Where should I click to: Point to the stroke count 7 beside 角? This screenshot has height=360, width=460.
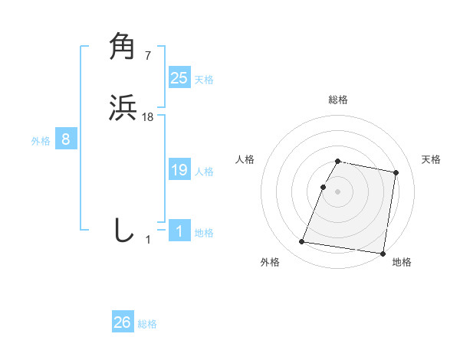click(x=147, y=55)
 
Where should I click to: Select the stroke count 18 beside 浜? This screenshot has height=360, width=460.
click(x=148, y=116)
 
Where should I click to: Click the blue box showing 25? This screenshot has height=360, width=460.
click(x=179, y=78)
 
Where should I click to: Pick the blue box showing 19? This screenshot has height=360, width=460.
click(x=179, y=170)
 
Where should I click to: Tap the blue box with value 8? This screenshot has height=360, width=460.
click(x=66, y=139)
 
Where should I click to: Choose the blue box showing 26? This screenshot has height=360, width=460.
click(x=123, y=322)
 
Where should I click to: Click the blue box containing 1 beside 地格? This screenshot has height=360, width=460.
click(x=179, y=231)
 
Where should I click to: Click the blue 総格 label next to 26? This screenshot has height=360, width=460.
click(x=147, y=324)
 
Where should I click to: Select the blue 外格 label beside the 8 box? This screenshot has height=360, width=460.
click(x=40, y=141)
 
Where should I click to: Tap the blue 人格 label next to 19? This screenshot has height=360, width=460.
click(x=204, y=172)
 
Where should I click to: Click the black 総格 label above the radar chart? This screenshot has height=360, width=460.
click(x=338, y=100)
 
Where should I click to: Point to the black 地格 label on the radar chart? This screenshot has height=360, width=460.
click(x=402, y=262)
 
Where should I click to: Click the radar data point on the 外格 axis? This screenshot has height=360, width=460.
click(x=302, y=242)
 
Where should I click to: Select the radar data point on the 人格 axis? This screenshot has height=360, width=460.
click(x=324, y=187)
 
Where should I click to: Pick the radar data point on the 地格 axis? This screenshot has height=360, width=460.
click(x=383, y=254)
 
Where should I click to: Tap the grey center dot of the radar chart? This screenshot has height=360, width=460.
click(x=338, y=192)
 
